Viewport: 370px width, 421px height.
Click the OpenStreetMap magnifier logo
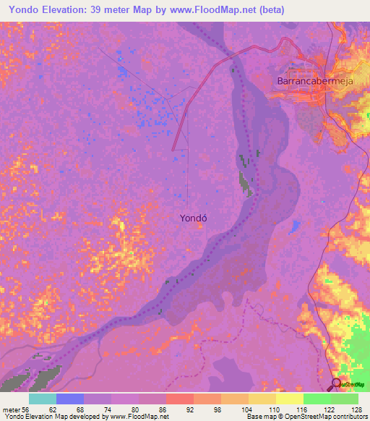pos(336,383)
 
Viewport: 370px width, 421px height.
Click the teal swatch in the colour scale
pos(43,399)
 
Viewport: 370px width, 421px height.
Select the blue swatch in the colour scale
pos(70,399)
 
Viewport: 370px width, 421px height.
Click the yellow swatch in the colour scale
pos(289,399)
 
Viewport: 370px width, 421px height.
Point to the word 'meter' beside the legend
pos(10,409)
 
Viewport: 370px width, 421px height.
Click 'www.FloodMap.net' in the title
pos(212,9)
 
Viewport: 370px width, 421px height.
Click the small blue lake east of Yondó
pos(295,228)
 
